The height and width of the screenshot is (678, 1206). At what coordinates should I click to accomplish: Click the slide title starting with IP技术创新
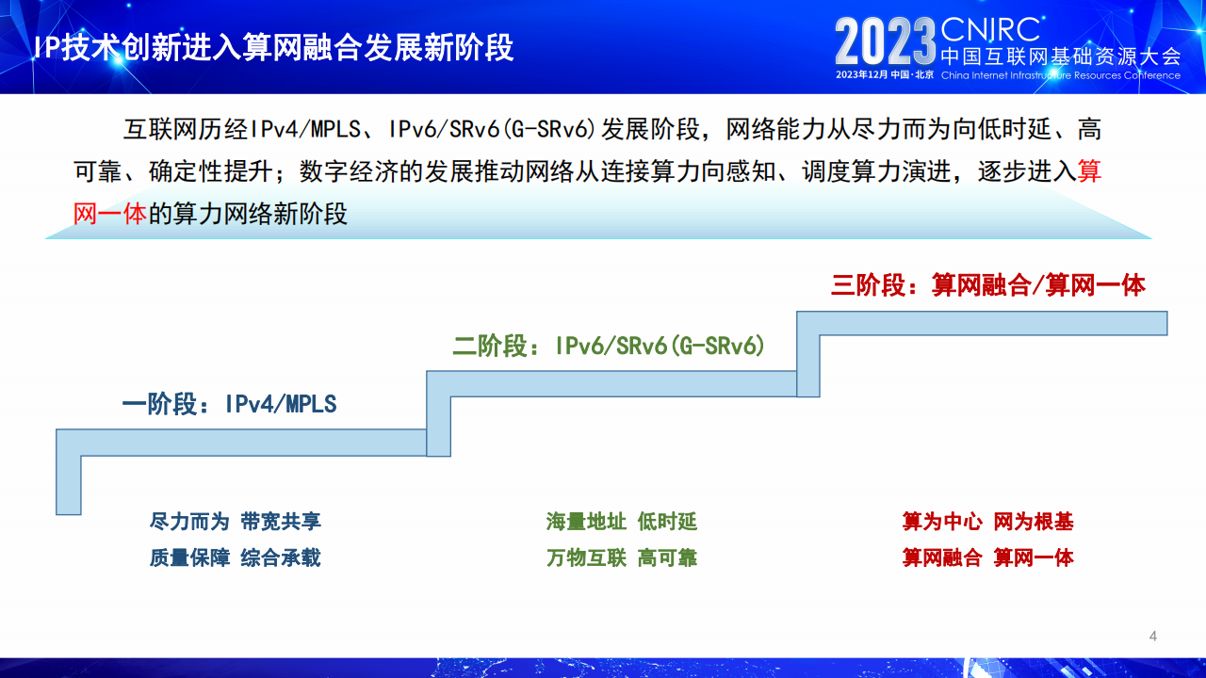(273, 47)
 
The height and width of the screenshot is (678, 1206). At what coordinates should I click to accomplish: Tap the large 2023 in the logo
(886, 42)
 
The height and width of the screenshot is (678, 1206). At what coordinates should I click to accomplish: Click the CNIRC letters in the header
(990, 29)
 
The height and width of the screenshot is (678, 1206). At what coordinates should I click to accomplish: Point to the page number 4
(1152, 636)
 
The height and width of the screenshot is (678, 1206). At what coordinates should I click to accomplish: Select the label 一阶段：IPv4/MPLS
(229, 404)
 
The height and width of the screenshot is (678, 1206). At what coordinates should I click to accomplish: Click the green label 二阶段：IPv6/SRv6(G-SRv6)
(609, 346)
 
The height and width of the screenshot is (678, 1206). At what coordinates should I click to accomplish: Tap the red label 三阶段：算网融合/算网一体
(988, 285)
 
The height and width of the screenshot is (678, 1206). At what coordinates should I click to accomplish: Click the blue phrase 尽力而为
(189, 522)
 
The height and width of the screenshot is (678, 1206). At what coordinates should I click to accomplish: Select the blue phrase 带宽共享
(281, 522)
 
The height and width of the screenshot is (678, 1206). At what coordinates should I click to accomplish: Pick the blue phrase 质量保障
(189, 558)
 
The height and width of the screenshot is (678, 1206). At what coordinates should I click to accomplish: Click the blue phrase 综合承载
(281, 558)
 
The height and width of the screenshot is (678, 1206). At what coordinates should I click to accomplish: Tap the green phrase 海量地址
(586, 522)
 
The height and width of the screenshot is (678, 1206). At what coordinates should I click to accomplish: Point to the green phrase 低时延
(668, 522)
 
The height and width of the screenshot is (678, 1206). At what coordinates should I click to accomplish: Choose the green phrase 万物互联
(586, 558)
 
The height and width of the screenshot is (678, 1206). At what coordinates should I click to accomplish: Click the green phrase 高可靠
(668, 558)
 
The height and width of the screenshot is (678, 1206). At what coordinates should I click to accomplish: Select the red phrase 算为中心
(942, 522)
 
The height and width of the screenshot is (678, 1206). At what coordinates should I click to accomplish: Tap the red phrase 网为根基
(1034, 522)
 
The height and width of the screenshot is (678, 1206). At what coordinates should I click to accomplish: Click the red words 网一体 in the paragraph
(110, 214)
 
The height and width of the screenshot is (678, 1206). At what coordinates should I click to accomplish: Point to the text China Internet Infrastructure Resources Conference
(1061, 75)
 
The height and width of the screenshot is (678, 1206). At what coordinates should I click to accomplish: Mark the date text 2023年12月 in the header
(861, 74)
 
